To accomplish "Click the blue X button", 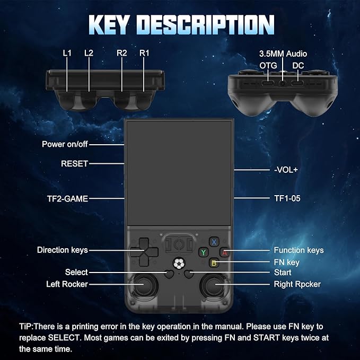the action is tap(214, 242).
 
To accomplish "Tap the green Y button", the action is tap(204, 252).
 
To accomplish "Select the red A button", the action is tap(225, 252).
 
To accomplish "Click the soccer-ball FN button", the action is tap(179, 264).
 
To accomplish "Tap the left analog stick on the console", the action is tap(143, 285).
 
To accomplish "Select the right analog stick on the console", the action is tap(214, 285).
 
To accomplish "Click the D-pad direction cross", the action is tap(144, 252).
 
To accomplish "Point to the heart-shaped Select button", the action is tap(169, 274).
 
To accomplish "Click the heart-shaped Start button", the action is tap(189, 274).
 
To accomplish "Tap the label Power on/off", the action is tap(65, 144).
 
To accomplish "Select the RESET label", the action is tap(74, 164).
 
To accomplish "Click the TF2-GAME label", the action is tap(67, 199).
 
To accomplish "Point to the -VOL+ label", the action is tap(286, 170).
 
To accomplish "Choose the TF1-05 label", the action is tap(287, 198).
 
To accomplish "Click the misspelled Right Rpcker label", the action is tap(297, 284).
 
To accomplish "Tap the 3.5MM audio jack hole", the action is tap(283, 84).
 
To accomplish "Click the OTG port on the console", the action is tap(268, 83).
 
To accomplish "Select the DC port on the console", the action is tap(297, 83).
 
